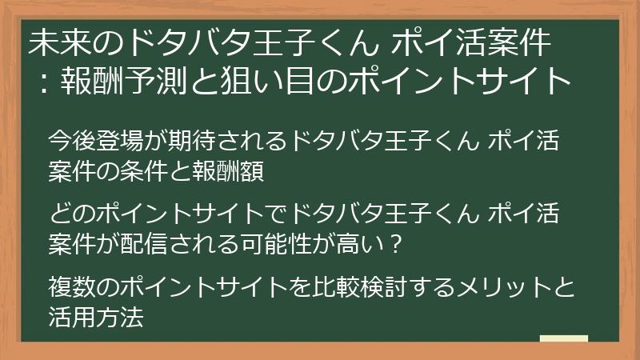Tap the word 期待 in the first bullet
click(x=198, y=141)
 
